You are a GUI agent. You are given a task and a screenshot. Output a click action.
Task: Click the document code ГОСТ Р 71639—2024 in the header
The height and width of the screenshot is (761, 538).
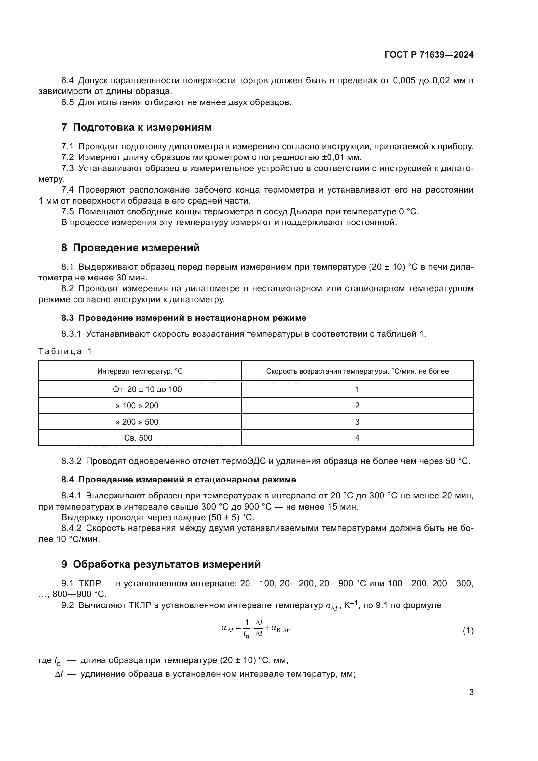click(x=429, y=55)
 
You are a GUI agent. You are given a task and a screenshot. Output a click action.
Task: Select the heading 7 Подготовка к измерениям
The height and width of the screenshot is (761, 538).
click(x=137, y=127)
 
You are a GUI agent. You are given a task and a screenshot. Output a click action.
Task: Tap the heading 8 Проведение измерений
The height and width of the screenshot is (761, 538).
click(x=130, y=248)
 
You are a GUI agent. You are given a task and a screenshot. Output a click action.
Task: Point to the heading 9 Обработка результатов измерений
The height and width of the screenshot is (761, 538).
click(x=161, y=564)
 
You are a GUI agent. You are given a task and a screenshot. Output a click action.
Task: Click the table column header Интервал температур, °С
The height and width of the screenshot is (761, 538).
click(x=140, y=371)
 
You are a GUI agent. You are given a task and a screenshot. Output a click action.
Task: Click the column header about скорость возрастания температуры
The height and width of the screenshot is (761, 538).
click(x=357, y=371)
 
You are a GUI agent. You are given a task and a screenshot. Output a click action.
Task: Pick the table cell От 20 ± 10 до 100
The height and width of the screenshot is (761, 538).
click(x=147, y=389)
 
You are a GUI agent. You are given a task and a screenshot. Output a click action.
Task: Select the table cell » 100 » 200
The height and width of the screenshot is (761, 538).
click(x=137, y=406)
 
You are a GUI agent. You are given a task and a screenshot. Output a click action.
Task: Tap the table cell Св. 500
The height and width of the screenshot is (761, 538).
click(x=138, y=438)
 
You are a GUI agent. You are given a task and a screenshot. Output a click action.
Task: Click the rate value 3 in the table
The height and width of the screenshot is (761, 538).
click(x=357, y=422)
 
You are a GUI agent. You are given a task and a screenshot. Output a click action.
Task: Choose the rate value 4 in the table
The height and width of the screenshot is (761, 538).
click(x=357, y=438)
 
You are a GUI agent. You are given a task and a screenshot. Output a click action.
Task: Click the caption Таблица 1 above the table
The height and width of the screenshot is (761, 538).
click(x=65, y=351)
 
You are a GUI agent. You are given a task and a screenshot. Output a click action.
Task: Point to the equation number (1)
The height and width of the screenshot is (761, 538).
click(x=468, y=631)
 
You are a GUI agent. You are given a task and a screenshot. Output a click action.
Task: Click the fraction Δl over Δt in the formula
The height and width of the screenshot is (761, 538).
click(x=259, y=629)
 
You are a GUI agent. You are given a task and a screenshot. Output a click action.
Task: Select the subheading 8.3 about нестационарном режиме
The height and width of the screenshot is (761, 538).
click(x=184, y=318)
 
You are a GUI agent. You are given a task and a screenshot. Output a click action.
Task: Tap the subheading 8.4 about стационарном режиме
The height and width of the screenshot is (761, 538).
click(x=179, y=480)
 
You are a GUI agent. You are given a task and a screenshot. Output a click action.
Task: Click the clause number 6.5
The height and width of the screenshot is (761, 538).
click(x=68, y=102)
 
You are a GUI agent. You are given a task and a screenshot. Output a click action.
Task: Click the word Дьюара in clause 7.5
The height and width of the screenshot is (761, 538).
click(x=304, y=212)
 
